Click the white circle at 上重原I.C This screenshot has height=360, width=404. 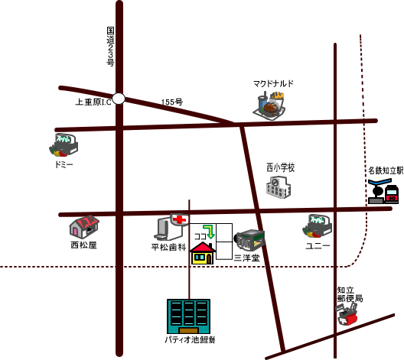(119, 99)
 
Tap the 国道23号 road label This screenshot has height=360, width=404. (110, 47)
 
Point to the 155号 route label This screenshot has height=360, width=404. (172, 102)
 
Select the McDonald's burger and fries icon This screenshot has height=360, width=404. (269, 105)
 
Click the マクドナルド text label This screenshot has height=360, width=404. (273, 83)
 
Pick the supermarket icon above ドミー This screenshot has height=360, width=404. (64, 145)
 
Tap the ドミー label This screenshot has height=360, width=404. (64, 164)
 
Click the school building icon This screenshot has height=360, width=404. (279, 187)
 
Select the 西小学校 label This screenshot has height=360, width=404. (280, 167)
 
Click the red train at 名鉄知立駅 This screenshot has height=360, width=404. (392, 193)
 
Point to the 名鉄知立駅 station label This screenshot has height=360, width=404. (386, 170)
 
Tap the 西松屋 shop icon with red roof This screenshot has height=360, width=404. (84, 226)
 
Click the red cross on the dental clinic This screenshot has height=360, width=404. (179, 219)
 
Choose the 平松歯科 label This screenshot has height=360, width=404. (169, 248)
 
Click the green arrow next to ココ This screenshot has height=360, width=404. (209, 232)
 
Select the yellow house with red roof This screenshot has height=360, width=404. (203, 253)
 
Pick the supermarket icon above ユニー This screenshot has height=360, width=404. (317, 225)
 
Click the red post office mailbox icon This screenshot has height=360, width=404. (347, 314)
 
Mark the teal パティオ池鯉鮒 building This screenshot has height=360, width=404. (188, 316)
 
